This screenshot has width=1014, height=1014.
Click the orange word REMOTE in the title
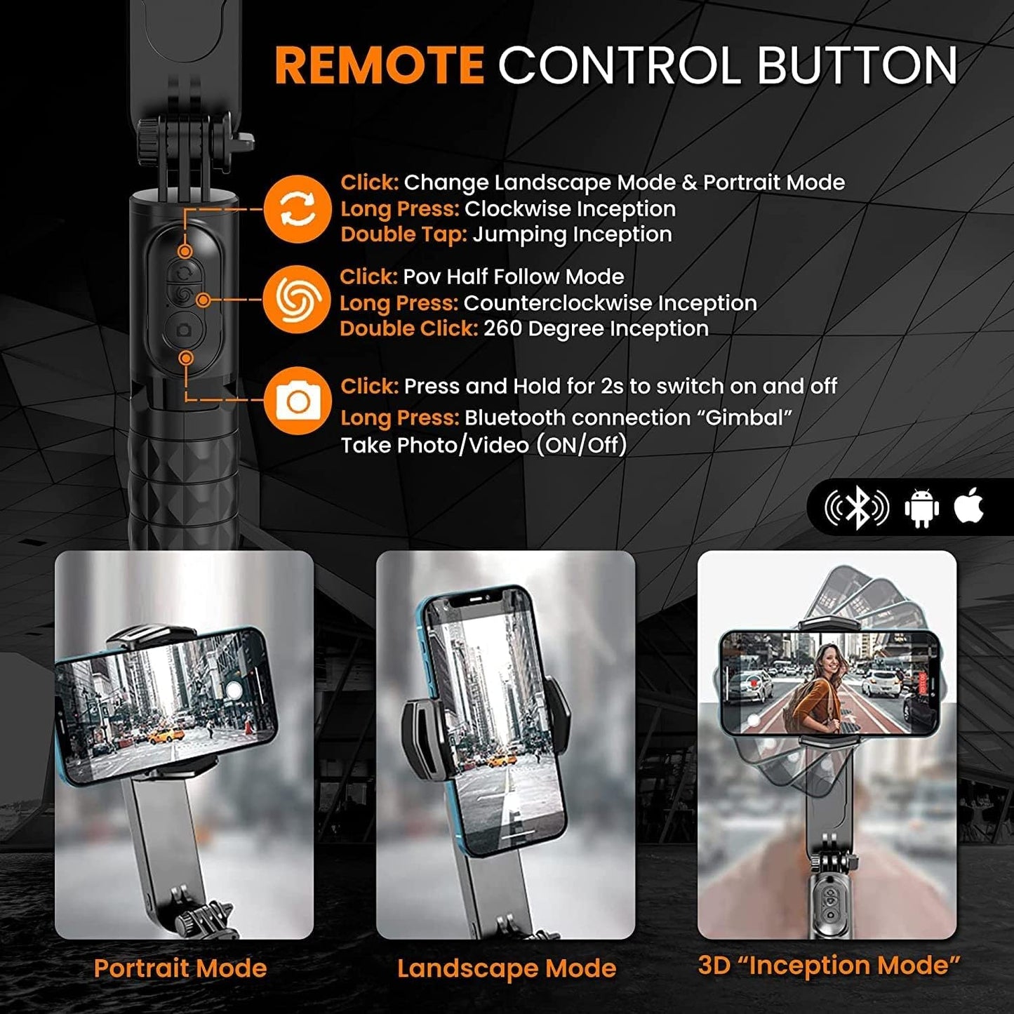(x=379, y=65)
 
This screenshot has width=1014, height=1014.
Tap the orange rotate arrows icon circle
(x=298, y=209)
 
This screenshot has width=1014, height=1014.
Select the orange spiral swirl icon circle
(x=298, y=300)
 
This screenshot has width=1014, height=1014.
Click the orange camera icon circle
(x=298, y=401)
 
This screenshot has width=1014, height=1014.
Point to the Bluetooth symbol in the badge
(x=857, y=508)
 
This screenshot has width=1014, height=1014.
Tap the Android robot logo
(x=921, y=508)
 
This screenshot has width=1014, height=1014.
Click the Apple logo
(x=969, y=506)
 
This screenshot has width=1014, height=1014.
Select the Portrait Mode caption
(x=180, y=968)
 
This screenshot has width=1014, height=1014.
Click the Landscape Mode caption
(x=506, y=968)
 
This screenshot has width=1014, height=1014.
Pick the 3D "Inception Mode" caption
(x=829, y=966)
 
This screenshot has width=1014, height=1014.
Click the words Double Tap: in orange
(x=403, y=234)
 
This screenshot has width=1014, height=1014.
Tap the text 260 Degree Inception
(x=596, y=329)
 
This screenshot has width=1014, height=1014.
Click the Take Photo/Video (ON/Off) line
(x=483, y=446)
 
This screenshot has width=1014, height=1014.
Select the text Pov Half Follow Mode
(x=513, y=276)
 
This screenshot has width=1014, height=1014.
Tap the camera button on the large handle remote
(x=185, y=330)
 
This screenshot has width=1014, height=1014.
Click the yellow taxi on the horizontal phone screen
(x=167, y=735)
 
